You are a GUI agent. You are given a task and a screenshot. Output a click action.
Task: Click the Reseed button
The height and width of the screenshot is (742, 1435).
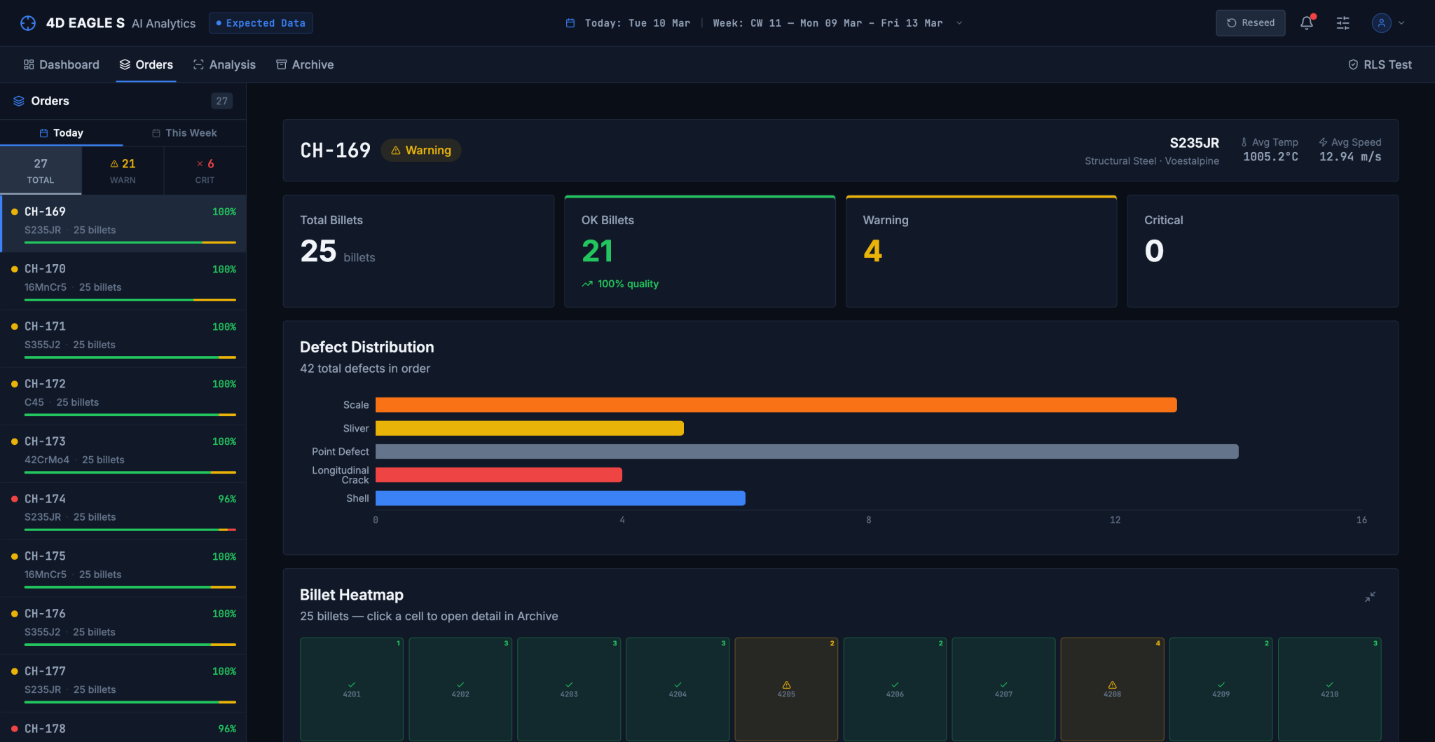[x=1251, y=23]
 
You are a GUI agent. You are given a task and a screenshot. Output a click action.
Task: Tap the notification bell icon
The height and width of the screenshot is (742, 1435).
[x=1307, y=23]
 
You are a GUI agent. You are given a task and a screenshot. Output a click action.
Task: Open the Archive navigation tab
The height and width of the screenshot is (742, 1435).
[x=305, y=64]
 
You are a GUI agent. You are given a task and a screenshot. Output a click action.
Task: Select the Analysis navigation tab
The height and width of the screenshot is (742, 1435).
[x=225, y=64]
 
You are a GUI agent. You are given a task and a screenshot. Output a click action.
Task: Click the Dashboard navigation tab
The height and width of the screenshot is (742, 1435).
[x=62, y=64]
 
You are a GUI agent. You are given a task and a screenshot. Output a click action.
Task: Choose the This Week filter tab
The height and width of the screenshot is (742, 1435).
[x=184, y=133]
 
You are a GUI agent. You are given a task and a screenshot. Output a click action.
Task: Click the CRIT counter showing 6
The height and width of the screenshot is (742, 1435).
[x=205, y=171]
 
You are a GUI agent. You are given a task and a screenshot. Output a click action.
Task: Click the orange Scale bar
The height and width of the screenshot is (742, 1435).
[x=776, y=405]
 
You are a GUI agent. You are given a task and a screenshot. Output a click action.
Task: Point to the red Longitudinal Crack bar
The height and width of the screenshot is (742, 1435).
[x=499, y=475]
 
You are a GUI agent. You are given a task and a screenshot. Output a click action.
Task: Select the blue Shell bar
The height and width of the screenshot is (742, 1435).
[x=561, y=498]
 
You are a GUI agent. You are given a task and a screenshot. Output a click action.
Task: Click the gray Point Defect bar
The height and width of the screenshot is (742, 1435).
[x=807, y=451]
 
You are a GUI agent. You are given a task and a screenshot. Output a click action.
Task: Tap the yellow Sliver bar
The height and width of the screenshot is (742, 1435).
[x=530, y=428]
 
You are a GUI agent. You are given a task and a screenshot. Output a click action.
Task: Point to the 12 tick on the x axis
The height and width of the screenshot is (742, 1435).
[x=1115, y=520]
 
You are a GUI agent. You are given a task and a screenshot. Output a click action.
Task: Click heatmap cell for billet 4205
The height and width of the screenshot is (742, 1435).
[x=786, y=689]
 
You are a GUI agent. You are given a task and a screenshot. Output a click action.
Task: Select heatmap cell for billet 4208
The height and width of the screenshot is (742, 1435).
[x=1112, y=689]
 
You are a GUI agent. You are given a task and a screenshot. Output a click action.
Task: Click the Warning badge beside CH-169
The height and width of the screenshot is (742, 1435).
[x=421, y=150]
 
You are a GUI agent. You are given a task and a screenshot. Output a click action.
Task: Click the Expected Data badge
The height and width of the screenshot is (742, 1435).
[x=261, y=23]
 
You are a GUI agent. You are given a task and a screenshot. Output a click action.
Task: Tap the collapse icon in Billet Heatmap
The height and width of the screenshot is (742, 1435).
[x=1370, y=597]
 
